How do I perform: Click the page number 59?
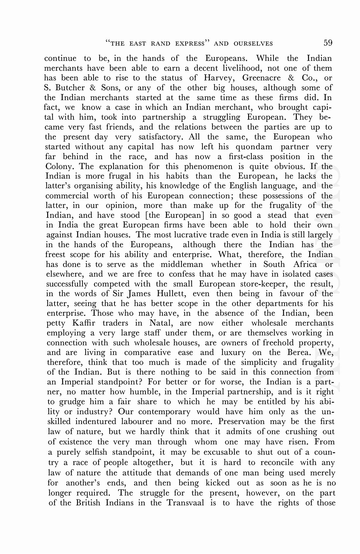(x=328, y=43)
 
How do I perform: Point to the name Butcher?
(x=68, y=88)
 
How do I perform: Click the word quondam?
(x=254, y=147)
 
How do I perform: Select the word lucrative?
(x=192, y=235)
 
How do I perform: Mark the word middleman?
(x=182, y=264)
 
